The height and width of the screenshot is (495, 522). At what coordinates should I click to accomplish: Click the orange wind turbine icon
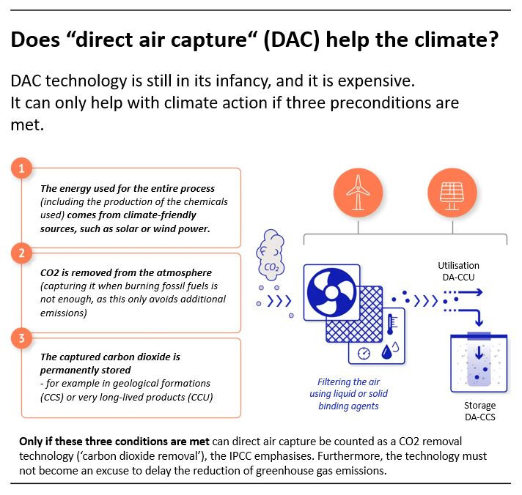pyautogui.click(x=358, y=193)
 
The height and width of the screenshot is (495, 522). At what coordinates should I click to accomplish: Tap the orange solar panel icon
pyautogui.click(x=452, y=193)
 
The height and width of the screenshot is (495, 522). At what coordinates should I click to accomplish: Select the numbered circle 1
pyautogui.click(x=22, y=168)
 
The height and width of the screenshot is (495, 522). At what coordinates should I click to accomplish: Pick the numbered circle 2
pyautogui.click(x=22, y=253)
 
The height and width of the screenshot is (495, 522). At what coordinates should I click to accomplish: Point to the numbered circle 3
pyautogui.click(x=22, y=338)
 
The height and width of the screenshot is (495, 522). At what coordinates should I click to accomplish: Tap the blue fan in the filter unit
pyautogui.click(x=331, y=293)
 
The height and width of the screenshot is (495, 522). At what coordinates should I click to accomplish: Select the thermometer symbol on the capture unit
pyautogui.click(x=391, y=324)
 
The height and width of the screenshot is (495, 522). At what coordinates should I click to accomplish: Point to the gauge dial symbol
pyautogui.click(x=364, y=354)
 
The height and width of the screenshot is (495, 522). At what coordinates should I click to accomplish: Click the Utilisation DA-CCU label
pyautogui.click(x=458, y=271)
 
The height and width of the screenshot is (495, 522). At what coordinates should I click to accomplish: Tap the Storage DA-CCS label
pyautogui.click(x=479, y=412)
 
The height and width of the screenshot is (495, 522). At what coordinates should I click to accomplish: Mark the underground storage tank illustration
pyautogui.click(x=479, y=362)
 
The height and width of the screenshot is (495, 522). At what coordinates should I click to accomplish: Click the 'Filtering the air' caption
pyautogui.click(x=348, y=382)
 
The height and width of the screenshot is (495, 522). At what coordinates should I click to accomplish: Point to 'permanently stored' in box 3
pyautogui.click(x=85, y=370)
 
